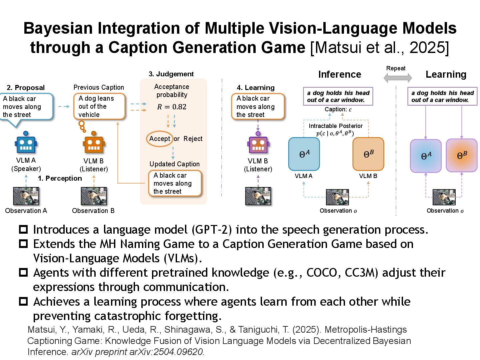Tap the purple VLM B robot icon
(258, 144)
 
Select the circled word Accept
(160, 139)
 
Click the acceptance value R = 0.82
(172, 107)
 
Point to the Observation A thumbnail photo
(26, 196)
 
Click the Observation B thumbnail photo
(94, 196)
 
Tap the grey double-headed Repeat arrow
(398, 78)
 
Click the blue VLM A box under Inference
(304, 154)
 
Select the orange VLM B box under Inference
(368, 154)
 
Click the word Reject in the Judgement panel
(193, 139)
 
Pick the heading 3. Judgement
(171, 74)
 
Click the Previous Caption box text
(99, 107)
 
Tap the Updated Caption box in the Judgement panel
(175, 183)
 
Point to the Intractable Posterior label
(335, 126)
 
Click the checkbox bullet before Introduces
(23, 230)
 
